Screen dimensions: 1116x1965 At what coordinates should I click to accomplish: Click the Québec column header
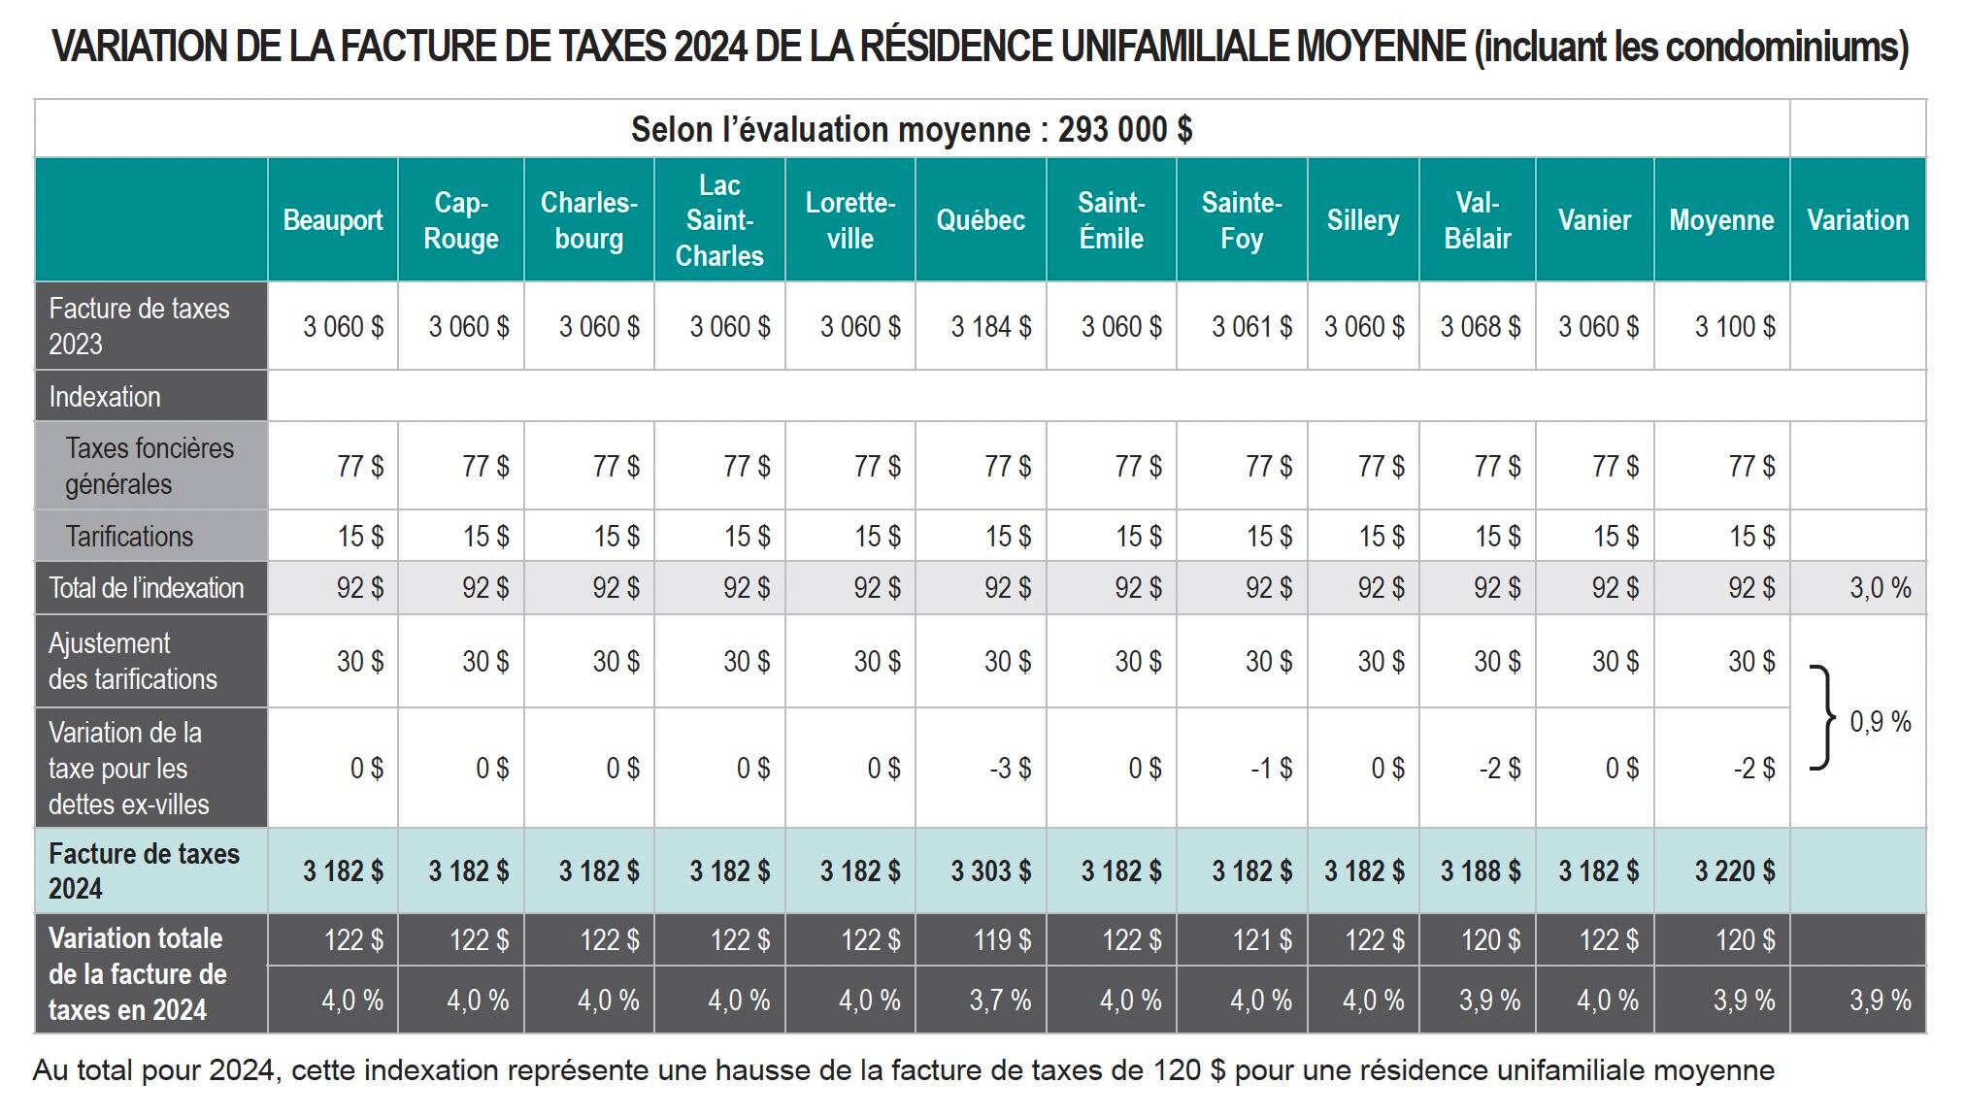(x=980, y=220)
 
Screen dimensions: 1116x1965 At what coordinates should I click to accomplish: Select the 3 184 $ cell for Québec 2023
(x=990, y=327)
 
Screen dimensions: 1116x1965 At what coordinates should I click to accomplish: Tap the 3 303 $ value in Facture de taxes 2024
(x=990, y=870)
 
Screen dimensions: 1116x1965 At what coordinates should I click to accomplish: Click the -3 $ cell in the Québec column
(x=1010, y=769)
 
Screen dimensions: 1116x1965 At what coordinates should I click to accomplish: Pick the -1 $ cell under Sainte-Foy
(x=1271, y=769)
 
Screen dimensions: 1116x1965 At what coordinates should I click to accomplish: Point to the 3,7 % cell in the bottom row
(x=1000, y=1000)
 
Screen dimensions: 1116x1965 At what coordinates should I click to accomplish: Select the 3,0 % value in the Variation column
(x=1880, y=588)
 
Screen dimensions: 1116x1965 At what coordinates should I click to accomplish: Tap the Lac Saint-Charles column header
(x=719, y=220)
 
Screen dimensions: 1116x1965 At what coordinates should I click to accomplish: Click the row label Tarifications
(x=129, y=537)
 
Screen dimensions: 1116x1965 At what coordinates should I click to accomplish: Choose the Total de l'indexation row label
(x=146, y=588)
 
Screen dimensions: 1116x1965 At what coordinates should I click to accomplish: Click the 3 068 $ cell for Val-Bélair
(x=1480, y=327)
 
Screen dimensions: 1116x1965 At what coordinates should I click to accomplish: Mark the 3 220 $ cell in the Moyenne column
(x=1734, y=870)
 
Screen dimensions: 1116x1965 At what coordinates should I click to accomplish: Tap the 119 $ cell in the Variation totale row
(x=1002, y=939)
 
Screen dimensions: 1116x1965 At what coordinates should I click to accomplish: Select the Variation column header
(x=1857, y=220)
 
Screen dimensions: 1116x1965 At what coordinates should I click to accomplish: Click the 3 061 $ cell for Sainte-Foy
(x=1251, y=327)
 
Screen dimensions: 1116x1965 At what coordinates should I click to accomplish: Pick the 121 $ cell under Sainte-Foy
(x=1263, y=939)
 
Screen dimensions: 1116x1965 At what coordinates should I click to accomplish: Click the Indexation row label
(x=105, y=397)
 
